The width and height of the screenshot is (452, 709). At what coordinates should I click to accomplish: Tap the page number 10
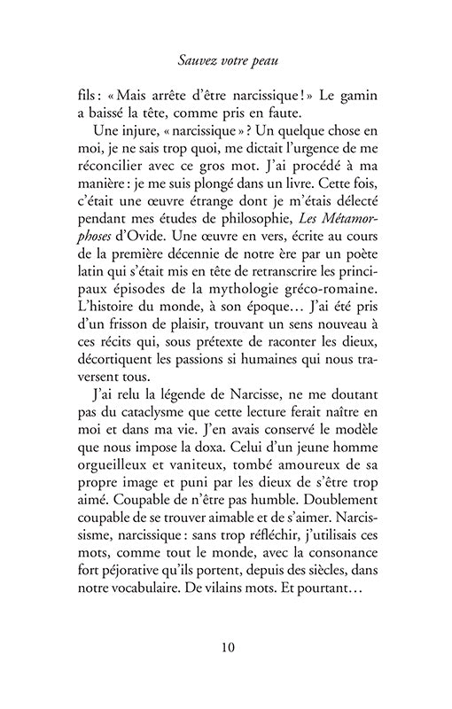(x=226, y=645)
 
